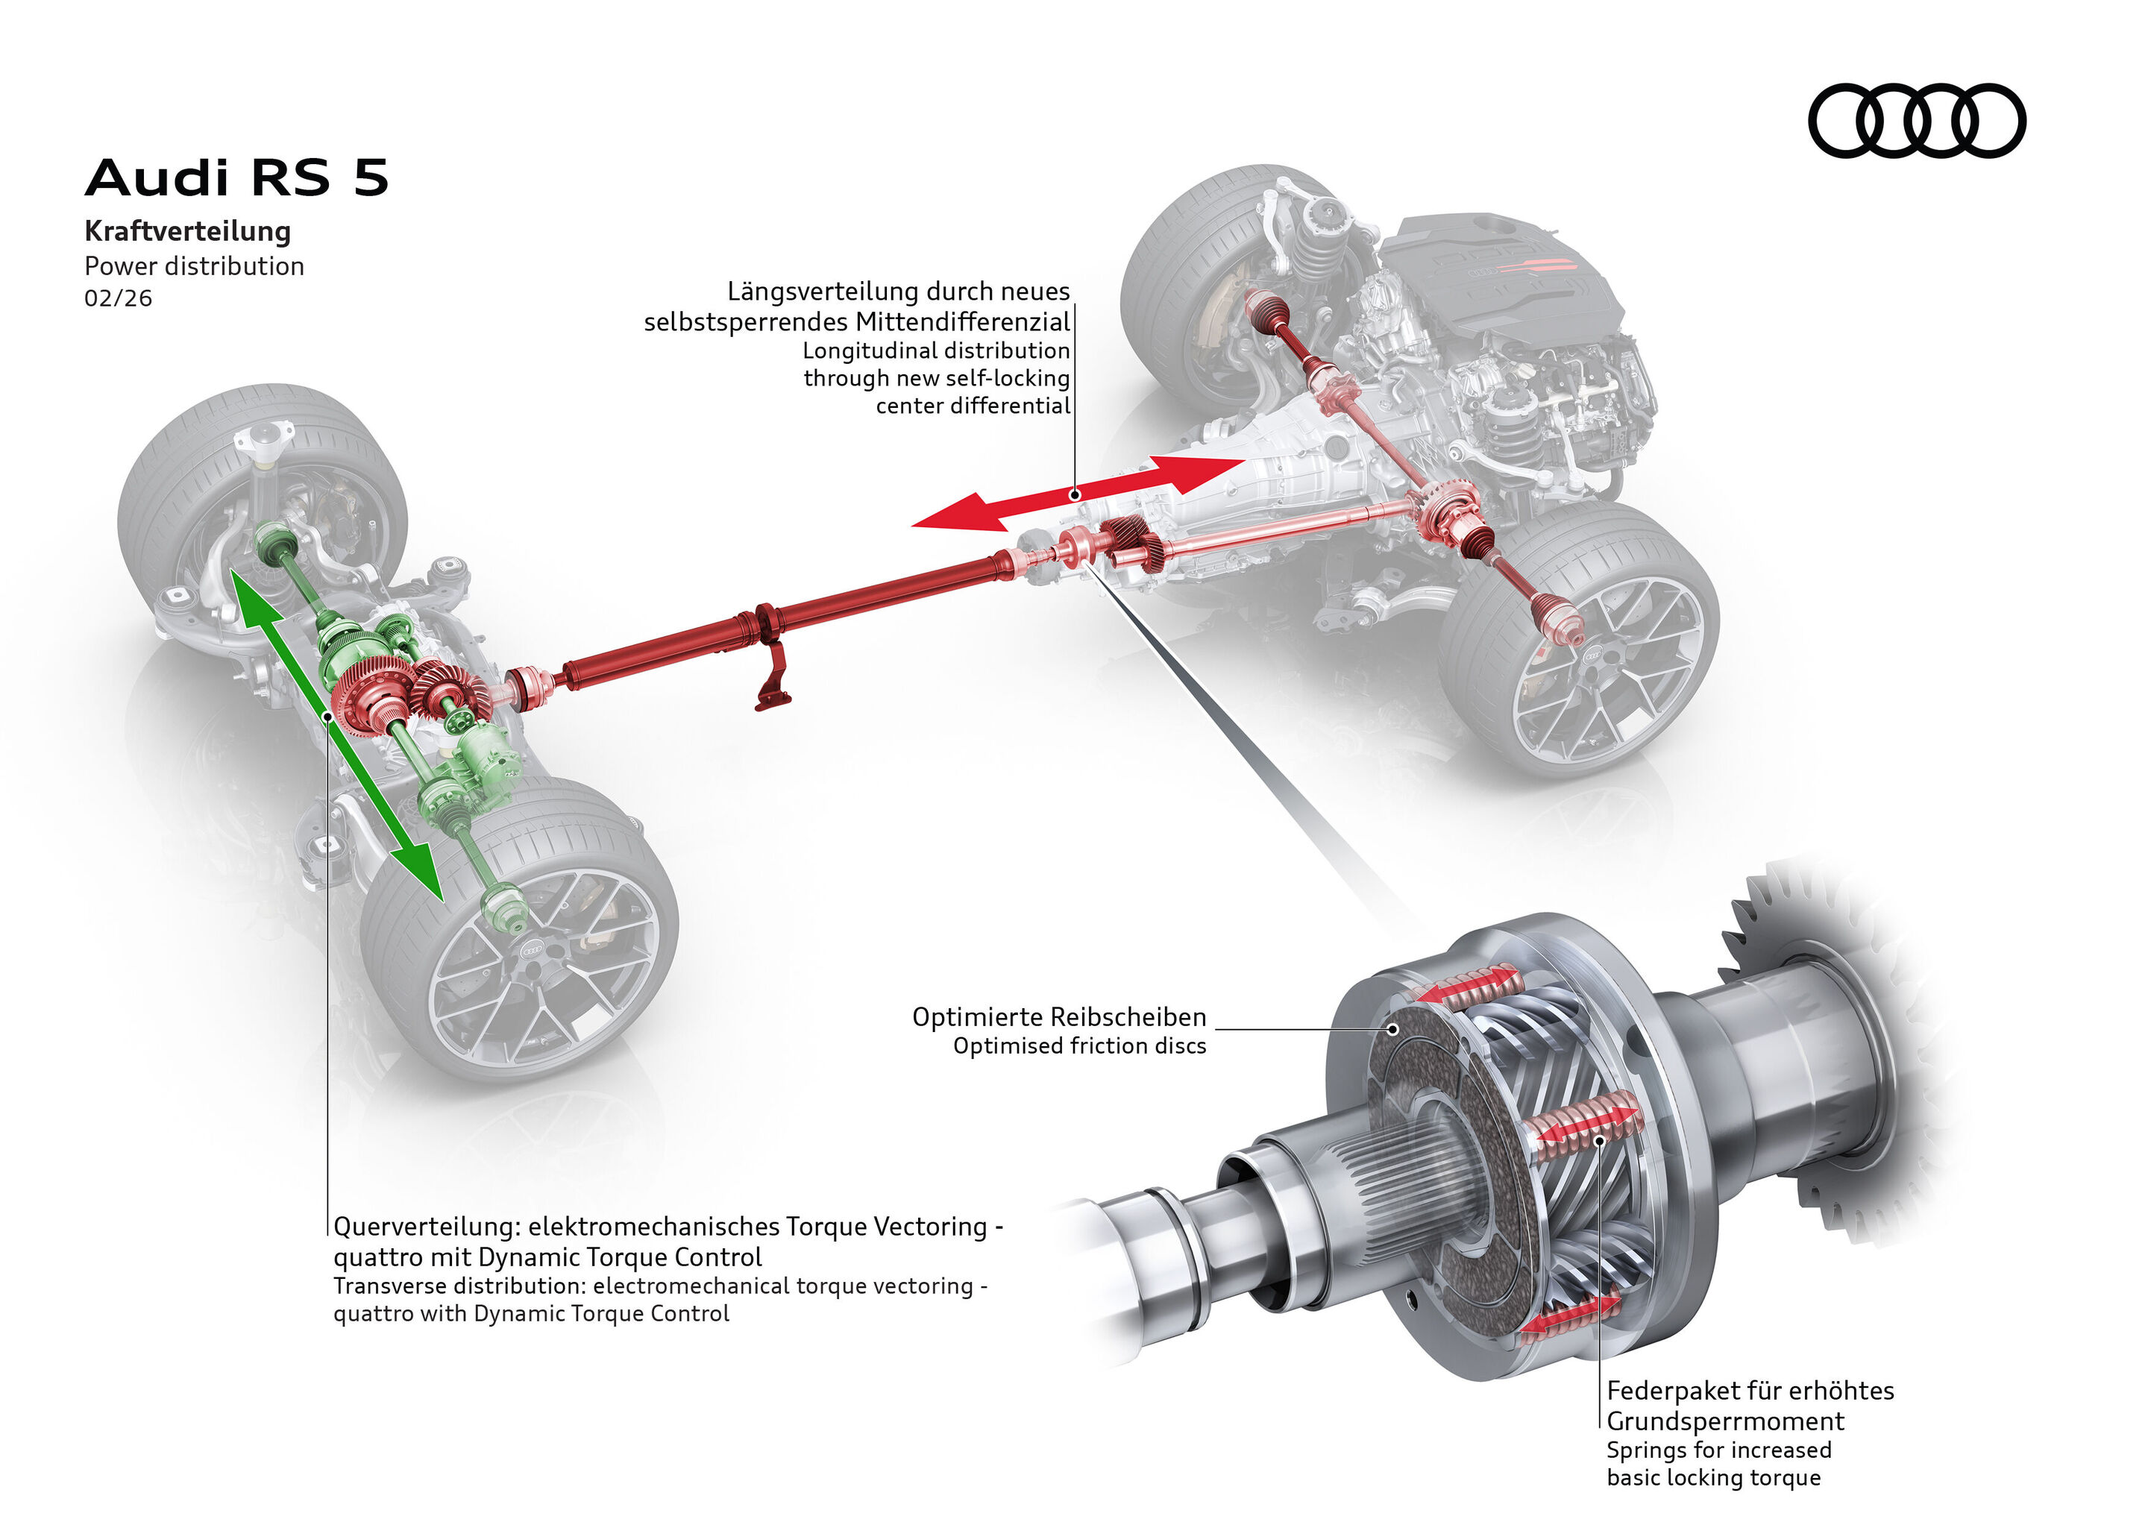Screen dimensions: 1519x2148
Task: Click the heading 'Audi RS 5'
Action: coord(236,177)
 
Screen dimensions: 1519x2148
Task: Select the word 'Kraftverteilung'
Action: coord(187,231)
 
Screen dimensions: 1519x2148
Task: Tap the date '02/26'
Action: coord(118,298)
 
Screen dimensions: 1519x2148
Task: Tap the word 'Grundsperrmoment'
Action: coord(1724,1422)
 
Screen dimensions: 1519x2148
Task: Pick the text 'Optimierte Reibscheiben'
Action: coord(1058,1016)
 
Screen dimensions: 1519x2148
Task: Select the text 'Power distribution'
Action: coord(194,266)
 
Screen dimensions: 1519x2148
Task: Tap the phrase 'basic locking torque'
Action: coord(1713,1478)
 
